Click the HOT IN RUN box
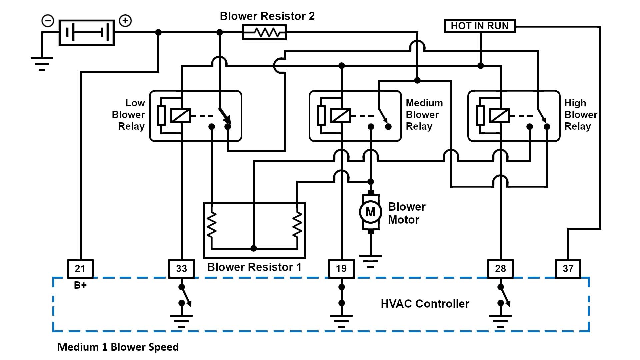click(480, 26)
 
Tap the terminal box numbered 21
click(80, 269)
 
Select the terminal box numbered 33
click(181, 269)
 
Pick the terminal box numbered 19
click(341, 269)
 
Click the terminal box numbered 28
click(500, 269)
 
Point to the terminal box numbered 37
click(568, 269)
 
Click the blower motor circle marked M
click(370, 212)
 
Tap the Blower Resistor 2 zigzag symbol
click(264, 33)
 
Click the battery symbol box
click(87, 33)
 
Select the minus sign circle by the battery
click(48, 21)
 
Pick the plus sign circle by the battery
click(125, 21)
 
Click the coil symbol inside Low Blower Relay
click(180, 116)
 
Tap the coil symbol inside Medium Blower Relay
click(340, 116)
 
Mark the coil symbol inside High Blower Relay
click(499, 116)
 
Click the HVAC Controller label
click(425, 304)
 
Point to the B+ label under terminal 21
click(80, 285)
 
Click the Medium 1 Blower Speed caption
click(118, 347)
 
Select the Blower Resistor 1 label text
click(254, 267)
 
